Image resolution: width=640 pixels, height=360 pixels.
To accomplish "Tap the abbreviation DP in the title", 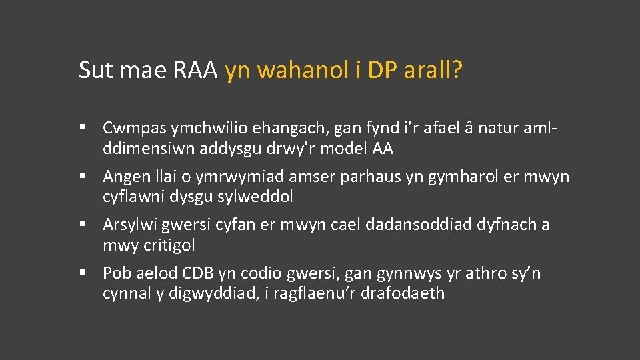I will pos(382,70).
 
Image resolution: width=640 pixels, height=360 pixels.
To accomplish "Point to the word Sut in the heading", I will pos(95,70).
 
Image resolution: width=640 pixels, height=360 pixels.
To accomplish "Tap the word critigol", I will pos(169,245).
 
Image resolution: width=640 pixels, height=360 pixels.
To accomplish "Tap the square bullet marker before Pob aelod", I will pos(83,273).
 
